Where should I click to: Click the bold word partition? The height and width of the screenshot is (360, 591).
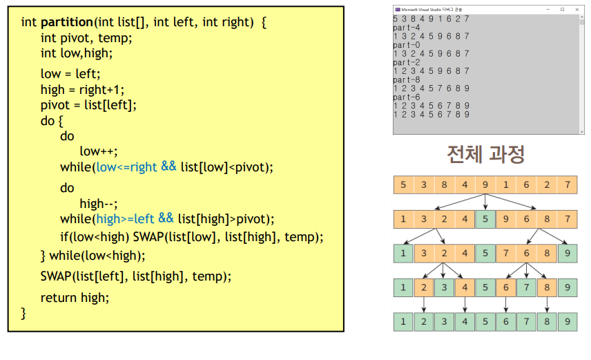coord(67,22)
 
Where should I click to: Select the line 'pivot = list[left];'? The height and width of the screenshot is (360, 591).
coord(88,105)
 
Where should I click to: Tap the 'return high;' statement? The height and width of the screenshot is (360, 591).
coord(75,298)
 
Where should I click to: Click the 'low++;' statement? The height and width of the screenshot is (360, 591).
coord(98,151)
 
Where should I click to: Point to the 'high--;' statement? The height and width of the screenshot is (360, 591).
coord(98,204)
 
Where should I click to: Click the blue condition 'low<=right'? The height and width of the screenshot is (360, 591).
coord(126,167)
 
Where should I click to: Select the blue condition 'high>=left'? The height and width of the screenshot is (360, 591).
coord(125,219)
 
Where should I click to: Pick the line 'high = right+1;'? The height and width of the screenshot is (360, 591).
coord(82,90)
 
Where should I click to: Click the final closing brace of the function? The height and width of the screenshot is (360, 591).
coord(23,313)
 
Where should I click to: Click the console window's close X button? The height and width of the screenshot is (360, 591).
coord(577,10)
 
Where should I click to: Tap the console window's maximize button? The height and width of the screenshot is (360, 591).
coord(563,10)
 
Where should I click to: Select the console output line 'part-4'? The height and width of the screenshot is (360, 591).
coord(406,28)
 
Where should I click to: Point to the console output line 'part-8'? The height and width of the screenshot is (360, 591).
coord(406,79)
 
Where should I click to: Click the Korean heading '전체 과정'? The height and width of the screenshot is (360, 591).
coord(485,154)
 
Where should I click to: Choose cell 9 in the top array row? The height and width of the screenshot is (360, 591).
coord(485,185)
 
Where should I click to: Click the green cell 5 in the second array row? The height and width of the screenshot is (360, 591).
coord(485,219)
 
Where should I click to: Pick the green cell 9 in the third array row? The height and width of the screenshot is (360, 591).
coord(568,253)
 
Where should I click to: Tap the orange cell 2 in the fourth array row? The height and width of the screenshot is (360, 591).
coord(424,287)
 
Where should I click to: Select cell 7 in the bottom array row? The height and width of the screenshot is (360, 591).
coord(527,321)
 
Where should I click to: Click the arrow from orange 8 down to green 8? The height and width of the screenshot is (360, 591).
coord(547,305)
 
